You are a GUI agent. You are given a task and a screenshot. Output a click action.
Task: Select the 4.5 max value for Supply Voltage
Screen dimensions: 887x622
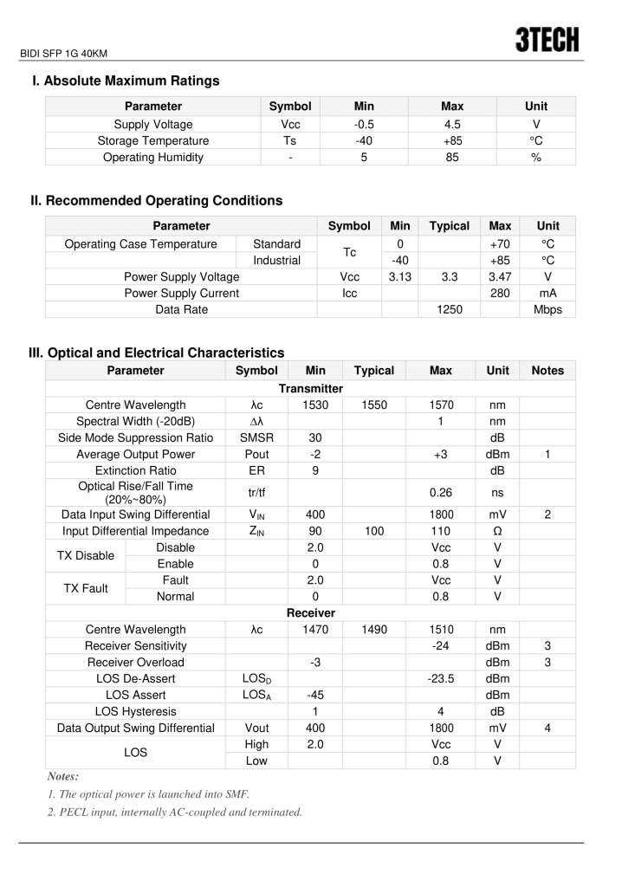[451, 125]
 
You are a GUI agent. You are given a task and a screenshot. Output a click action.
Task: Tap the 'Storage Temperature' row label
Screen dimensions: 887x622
[153, 141]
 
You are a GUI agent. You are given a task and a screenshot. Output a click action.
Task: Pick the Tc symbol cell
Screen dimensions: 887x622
[349, 252]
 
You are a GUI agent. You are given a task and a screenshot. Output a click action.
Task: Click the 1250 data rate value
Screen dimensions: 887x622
[449, 309]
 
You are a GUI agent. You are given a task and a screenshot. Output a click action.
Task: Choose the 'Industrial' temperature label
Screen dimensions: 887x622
[276, 260]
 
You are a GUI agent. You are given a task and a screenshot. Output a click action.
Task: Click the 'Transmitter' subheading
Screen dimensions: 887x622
[310, 389]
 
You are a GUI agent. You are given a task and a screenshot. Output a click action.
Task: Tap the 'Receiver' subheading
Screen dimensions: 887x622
[310, 613]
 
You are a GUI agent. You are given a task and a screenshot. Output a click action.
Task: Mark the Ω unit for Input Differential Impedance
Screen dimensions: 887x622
[497, 531]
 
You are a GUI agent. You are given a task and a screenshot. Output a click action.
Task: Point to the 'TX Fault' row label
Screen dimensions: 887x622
[86, 588]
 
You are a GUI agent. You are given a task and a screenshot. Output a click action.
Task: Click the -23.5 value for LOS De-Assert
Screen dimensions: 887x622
[440, 678]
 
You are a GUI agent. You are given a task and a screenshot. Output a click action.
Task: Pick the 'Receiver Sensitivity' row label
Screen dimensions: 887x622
[135, 645]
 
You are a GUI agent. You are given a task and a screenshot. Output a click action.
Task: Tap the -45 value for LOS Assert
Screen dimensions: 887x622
[315, 695]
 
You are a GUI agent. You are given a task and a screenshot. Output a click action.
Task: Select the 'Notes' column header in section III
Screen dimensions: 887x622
[547, 371]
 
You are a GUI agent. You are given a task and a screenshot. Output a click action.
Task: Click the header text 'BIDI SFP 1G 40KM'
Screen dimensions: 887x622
[62, 54]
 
